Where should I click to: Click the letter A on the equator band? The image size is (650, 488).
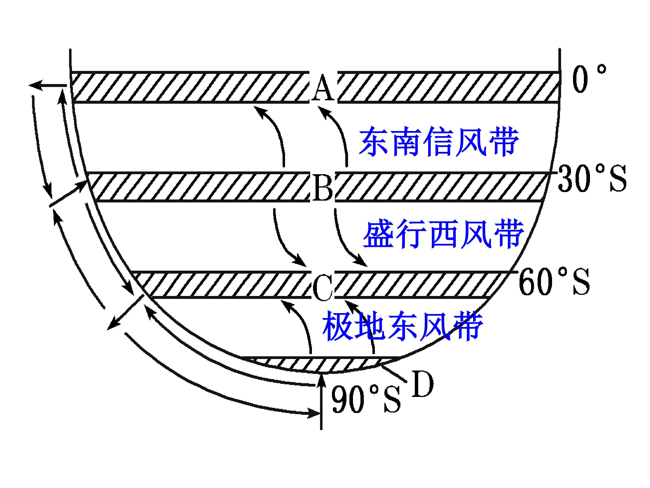pyautogui.click(x=323, y=87)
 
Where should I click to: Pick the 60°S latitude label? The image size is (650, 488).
pyautogui.click(x=554, y=282)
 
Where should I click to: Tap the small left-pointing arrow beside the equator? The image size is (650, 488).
pyautogui.click(x=48, y=85)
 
